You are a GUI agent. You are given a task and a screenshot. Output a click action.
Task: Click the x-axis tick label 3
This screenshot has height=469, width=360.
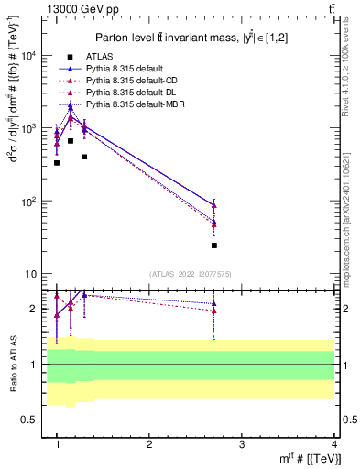242,443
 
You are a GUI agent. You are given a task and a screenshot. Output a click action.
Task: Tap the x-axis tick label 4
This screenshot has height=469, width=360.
333,443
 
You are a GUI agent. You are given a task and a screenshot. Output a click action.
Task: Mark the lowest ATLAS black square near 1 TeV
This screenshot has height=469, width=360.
57,163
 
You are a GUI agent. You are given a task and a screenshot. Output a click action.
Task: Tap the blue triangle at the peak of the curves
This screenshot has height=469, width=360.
71,105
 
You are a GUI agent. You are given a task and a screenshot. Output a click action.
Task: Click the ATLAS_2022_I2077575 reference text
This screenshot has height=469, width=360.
190,274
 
